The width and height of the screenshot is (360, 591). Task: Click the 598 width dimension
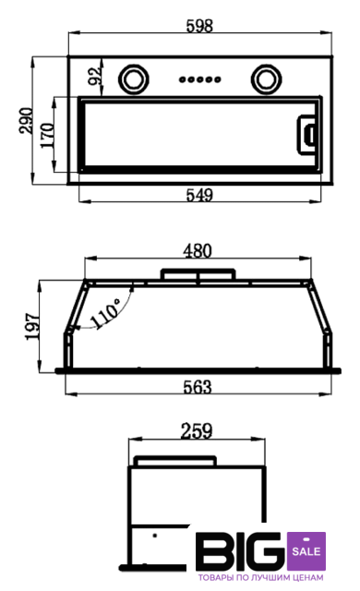coord(199,26)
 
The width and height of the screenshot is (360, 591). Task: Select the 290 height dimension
coord(26,120)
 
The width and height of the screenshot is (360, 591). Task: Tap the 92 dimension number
coord(94,76)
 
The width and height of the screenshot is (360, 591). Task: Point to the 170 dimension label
coord(47,135)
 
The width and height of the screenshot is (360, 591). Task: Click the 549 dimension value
coord(199,195)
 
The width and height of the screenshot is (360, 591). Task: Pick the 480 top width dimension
coord(198,251)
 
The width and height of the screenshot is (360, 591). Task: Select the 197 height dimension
coord(32,326)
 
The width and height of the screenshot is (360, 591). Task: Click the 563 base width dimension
coord(198,387)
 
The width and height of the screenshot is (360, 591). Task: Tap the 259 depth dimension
coord(197,431)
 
